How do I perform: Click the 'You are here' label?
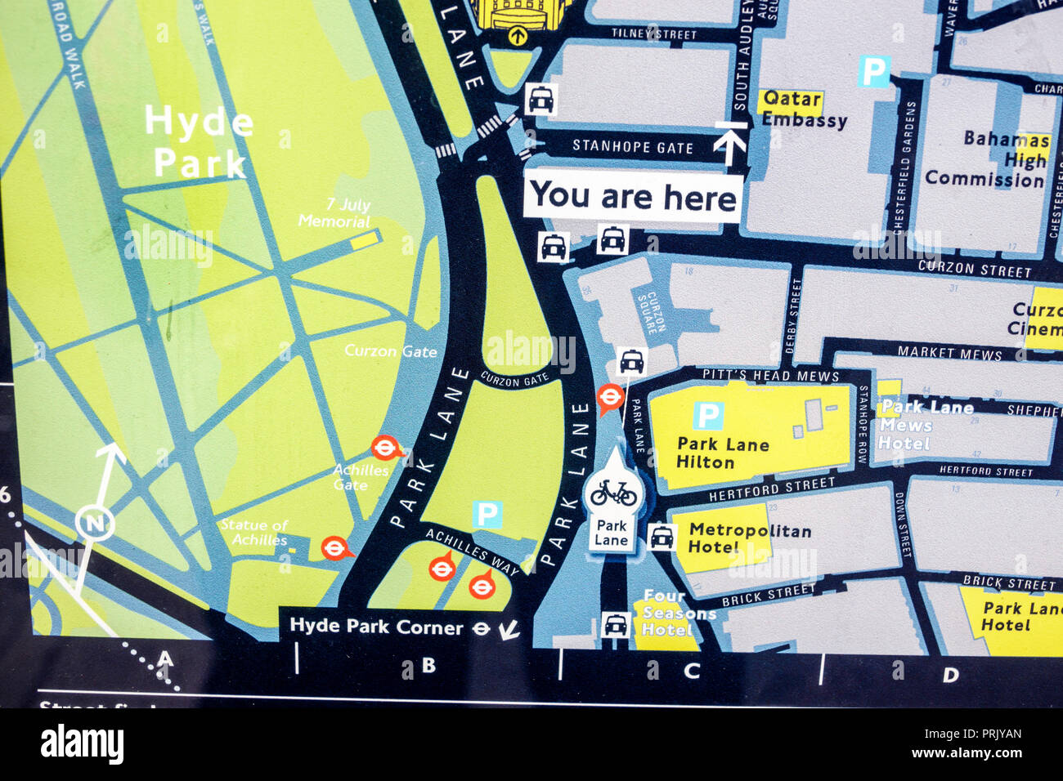(634, 198)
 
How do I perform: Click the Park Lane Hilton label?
(722, 453)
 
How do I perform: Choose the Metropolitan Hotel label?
(748, 538)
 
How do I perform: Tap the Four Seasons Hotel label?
(677, 613)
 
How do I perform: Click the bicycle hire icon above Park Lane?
(613, 493)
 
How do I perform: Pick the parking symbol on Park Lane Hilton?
(708, 415)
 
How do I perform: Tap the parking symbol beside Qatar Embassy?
(873, 71)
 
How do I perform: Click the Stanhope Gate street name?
(632, 147)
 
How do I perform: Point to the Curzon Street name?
(974, 268)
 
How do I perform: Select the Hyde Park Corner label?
(378, 627)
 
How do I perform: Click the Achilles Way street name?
(472, 551)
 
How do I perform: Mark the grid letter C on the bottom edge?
(692, 672)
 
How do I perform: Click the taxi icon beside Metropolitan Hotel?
(662, 537)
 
